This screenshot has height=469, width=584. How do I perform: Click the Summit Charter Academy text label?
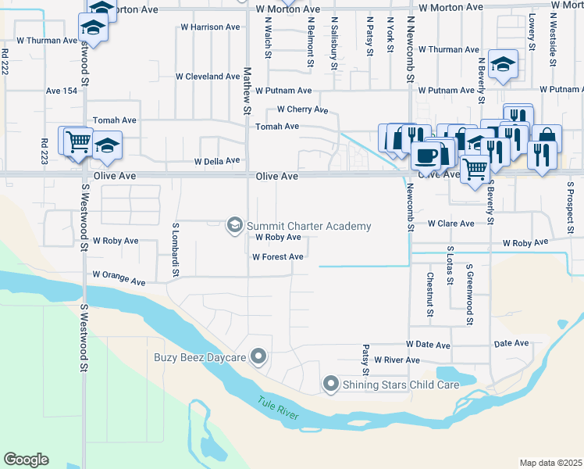click(308, 227)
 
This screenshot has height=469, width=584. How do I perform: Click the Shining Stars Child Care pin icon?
click(331, 384)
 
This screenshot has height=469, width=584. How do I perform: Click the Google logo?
click(26, 460)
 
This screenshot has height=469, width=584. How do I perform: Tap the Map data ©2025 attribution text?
click(550, 463)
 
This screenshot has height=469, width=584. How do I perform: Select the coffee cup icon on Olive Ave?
click(426, 156)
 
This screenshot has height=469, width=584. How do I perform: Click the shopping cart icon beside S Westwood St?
click(77, 142)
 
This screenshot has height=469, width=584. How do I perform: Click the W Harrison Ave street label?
click(208, 27)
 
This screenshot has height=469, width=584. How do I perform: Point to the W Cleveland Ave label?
click(207, 77)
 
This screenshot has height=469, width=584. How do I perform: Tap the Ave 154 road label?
click(62, 91)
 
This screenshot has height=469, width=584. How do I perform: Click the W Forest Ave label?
click(277, 256)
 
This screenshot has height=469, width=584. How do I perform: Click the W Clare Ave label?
click(450, 224)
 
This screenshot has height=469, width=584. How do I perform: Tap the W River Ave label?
click(397, 360)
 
